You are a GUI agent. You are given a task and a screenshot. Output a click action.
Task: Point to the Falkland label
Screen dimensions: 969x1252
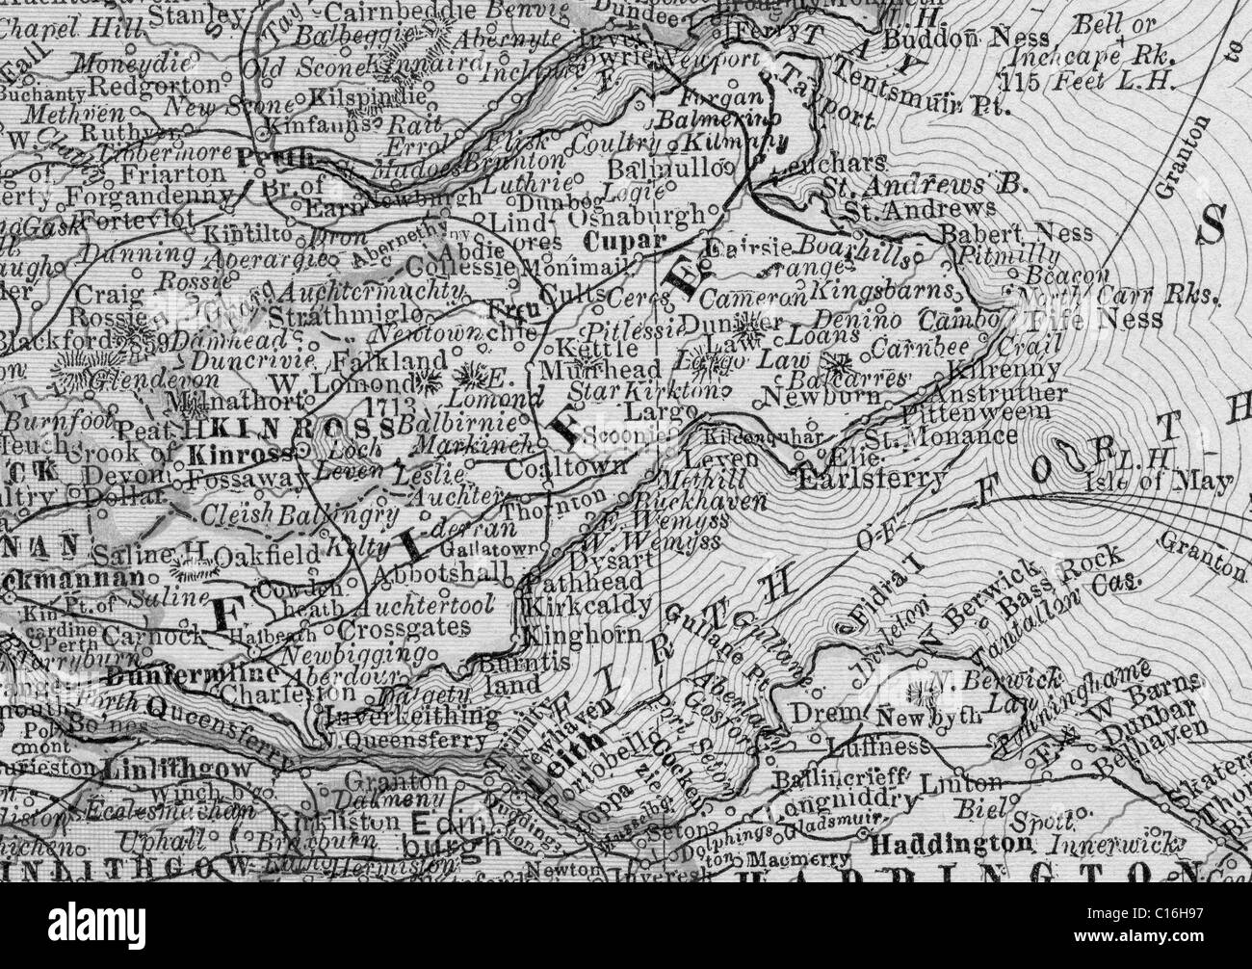(374, 362)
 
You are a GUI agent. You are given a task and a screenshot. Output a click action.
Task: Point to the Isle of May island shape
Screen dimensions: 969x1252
(1072, 451)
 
